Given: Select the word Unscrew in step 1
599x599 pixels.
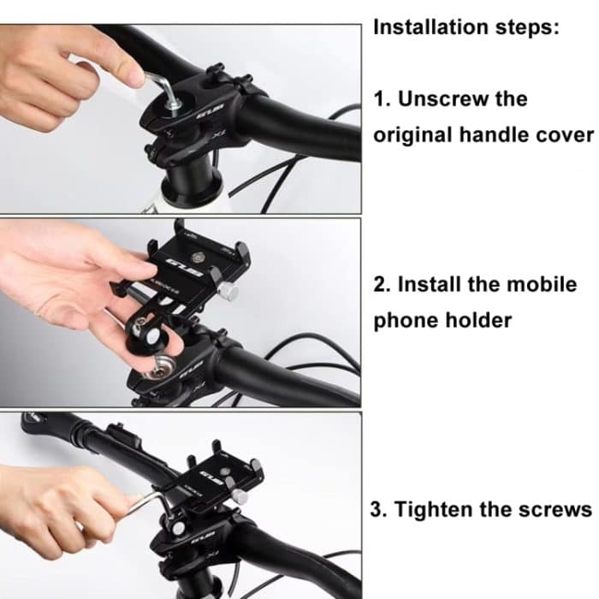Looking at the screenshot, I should pos(445,98).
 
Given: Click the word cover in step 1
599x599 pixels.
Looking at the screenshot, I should pos(565,135).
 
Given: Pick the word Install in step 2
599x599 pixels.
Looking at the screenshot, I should pos(434,284).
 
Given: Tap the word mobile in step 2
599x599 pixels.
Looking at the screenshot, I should pos(545,284).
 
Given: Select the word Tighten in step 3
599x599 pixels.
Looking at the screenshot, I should pos(436,509).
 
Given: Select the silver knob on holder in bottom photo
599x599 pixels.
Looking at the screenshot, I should pos(241,496).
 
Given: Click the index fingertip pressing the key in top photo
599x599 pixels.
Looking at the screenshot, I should pos(133,75).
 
